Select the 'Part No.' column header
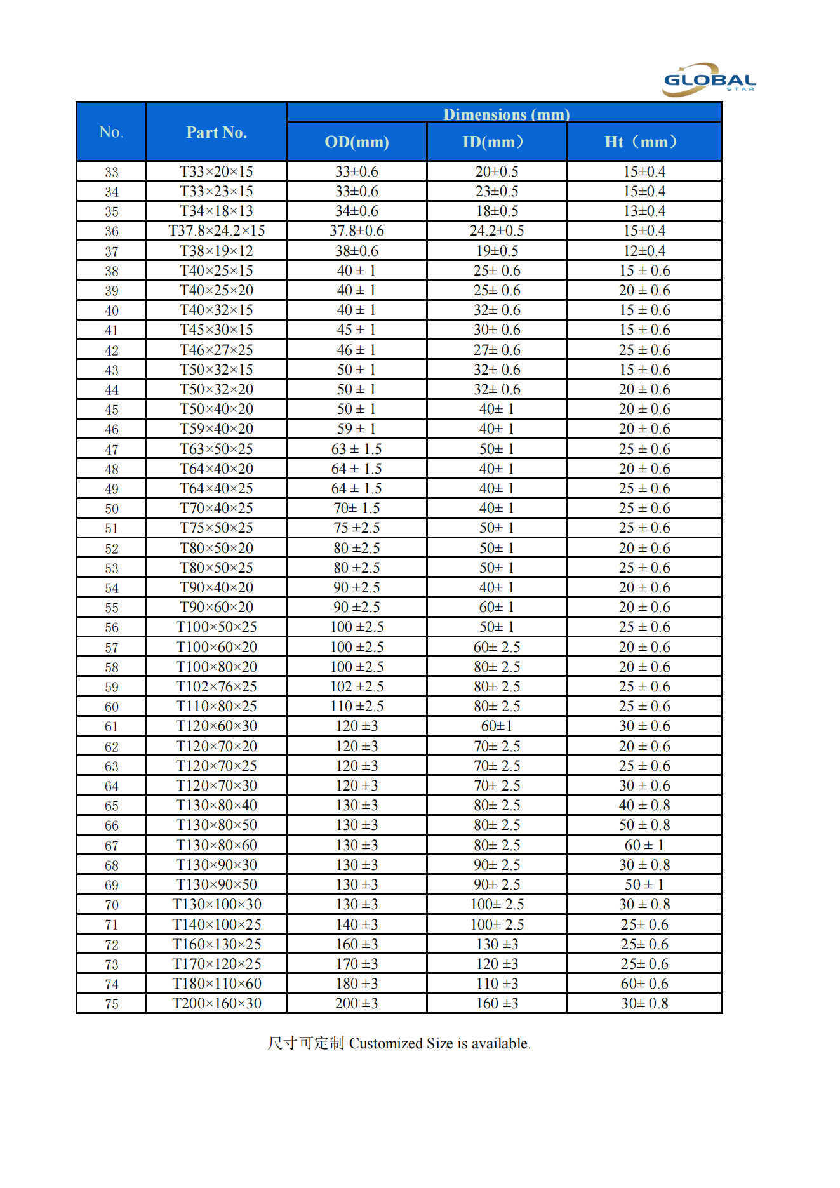pos(216,132)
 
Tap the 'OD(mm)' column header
pos(356,142)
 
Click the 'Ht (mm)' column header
pos(643,142)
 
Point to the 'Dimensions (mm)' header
pos(506,114)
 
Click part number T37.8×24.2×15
pos(217,230)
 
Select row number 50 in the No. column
pos(112,509)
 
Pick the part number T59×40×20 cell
pos(217,429)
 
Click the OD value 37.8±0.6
pos(356,230)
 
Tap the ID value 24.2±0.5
pos(497,230)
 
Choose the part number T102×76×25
pos(217,686)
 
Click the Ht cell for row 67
pos(644,845)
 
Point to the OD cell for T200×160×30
pos(356,1003)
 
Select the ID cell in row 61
pos(497,726)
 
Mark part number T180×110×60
pos(217,984)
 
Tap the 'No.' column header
pos(111,132)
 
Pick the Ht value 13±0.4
pos(644,211)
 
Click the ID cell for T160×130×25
pos(497,944)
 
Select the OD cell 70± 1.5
pos(356,508)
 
